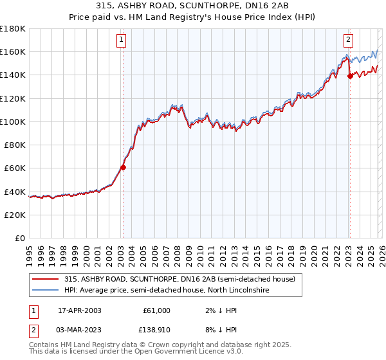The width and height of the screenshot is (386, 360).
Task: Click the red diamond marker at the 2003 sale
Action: [123, 167]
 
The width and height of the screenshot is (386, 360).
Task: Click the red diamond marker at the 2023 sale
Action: [350, 76]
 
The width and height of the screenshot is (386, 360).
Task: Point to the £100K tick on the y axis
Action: [13, 122]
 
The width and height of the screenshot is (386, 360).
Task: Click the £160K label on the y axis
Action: [13, 51]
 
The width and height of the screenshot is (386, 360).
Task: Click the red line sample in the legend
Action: [45, 280]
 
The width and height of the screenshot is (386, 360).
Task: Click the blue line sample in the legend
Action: [45, 291]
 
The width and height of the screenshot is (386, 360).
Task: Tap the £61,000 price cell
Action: [156, 310]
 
